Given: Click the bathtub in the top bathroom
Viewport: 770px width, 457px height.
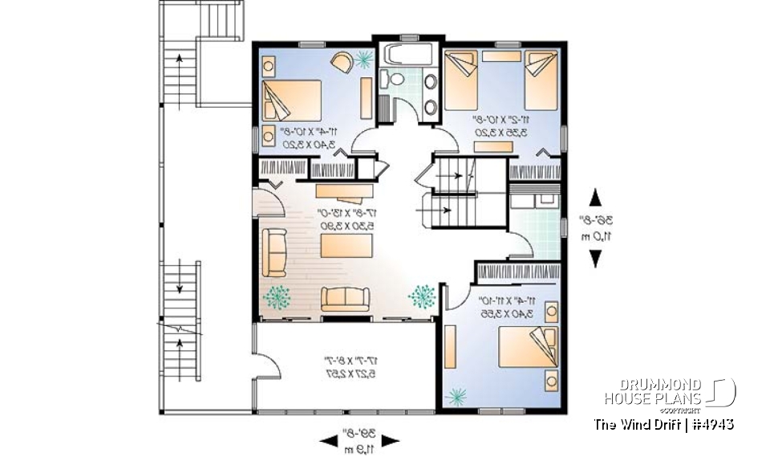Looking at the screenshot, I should pos(408,57).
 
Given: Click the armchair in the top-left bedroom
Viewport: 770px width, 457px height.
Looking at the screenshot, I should pos(341,61).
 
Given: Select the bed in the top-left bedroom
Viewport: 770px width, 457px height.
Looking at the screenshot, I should pos(293,100).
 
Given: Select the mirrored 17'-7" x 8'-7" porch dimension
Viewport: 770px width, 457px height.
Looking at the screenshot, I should pos(346,368).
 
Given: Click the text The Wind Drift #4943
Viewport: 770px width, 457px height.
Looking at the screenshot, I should pos(663,423).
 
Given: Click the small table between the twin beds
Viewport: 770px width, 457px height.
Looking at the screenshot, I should pos(501,56).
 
